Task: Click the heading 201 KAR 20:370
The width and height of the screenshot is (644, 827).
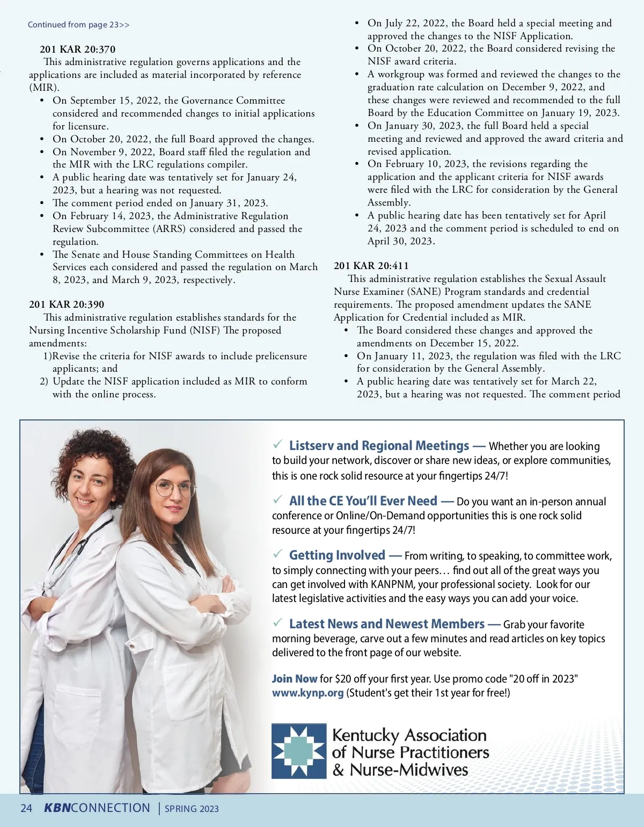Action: click(x=77, y=49)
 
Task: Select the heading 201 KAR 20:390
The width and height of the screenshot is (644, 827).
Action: click(x=67, y=304)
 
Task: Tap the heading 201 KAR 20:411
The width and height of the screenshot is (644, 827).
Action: click(x=371, y=266)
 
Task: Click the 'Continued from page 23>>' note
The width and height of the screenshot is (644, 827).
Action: click(x=78, y=25)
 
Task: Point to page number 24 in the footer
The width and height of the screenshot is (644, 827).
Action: click(x=26, y=808)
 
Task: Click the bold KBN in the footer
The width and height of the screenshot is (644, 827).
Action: click(x=57, y=808)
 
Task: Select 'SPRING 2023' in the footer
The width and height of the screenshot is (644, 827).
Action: click(x=192, y=809)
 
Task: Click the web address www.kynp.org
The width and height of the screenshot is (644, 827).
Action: click(x=308, y=693)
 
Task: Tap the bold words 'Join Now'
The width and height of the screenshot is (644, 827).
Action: click(x=295, y=679)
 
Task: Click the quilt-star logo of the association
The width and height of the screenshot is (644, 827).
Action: click(x=299, y=751)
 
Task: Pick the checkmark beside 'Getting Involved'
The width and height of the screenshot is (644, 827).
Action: click(x=277, y=554)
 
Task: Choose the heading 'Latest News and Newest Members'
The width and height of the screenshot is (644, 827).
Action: click(x=386, y=624)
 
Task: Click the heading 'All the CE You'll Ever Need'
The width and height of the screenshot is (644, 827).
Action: click(x=363, y=501)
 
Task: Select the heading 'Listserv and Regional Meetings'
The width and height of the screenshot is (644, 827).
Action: click(x=379, y=446)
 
